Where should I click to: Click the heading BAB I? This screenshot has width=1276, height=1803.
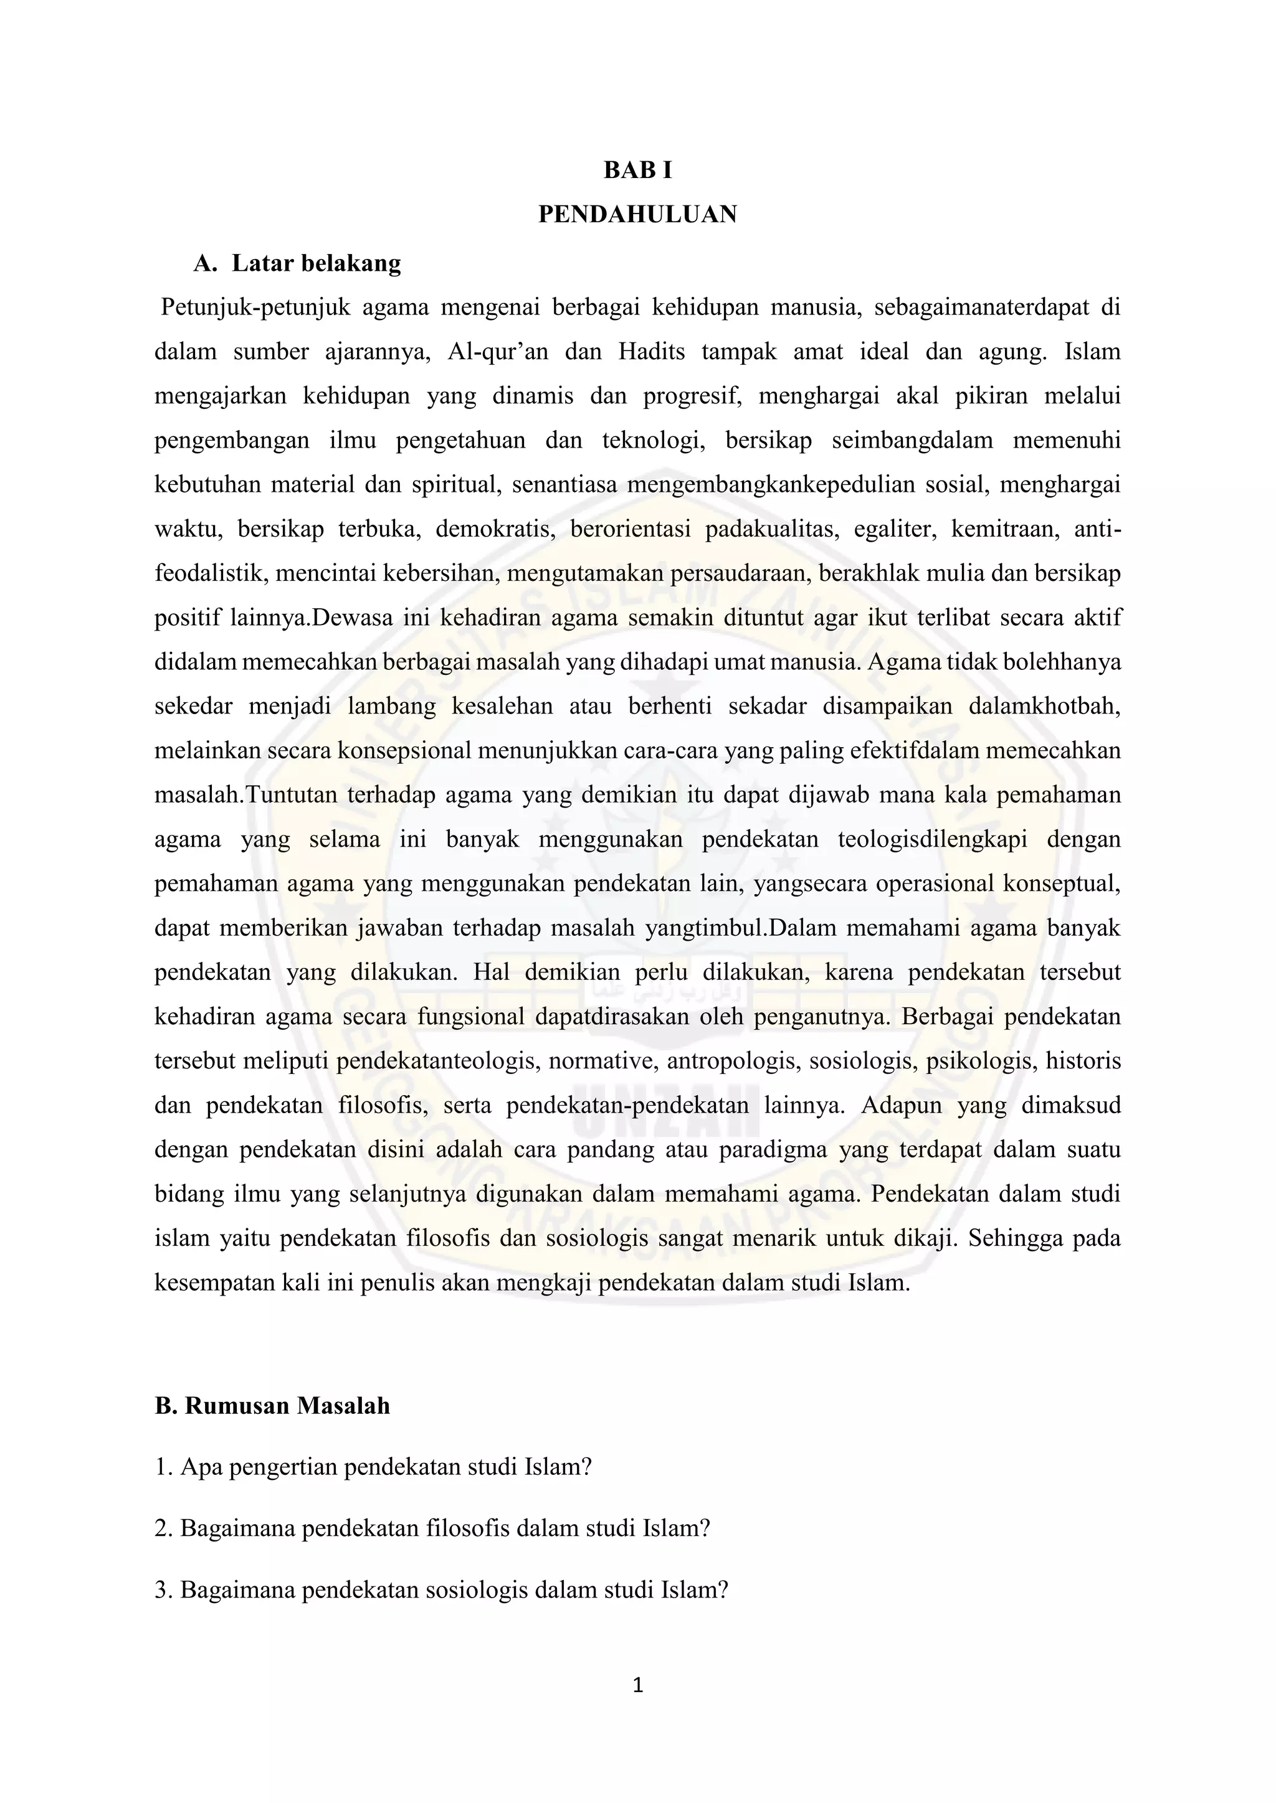637,171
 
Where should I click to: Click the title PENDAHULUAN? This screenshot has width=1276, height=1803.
637,214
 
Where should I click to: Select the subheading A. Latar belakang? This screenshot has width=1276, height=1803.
297,263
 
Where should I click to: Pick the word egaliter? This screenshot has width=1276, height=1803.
896,529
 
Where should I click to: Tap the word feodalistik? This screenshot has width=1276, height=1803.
208,573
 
